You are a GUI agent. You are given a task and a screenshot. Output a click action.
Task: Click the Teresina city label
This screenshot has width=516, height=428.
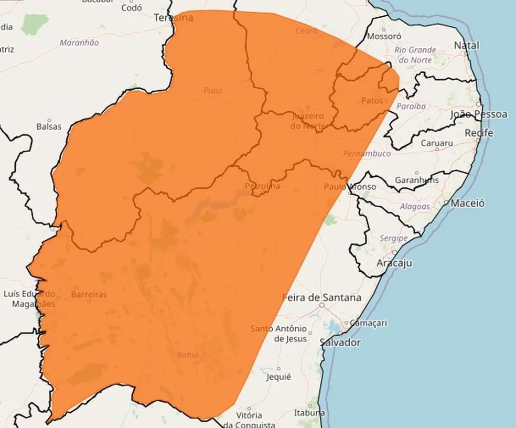(x=173, y=18)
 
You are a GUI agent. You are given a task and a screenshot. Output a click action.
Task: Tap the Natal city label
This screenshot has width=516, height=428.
(x=466, y=46)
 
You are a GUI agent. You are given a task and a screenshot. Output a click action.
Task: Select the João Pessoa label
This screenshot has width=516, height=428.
(x=479, y=114)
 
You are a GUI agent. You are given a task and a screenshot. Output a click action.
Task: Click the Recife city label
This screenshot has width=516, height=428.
(x=479, y=133)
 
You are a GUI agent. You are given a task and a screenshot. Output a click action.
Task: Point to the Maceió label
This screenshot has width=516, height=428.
(x=468, y=203)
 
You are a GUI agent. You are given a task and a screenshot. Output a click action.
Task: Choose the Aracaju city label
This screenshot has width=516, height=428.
(x=394, y=263)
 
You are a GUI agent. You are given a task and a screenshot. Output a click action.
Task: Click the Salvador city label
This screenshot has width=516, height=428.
(x=340, y=342)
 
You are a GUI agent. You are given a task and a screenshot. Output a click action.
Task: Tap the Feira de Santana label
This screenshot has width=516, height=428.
(x=322, y=297)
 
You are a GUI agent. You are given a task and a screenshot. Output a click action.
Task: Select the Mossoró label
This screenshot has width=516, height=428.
(x=384, y=36)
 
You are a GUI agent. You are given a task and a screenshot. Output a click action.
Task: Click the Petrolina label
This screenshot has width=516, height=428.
(x=262, y=186)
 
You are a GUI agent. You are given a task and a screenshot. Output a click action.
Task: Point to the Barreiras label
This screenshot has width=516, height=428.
(x=89, y=294)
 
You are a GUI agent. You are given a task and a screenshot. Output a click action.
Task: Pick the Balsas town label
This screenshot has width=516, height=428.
(x=49, y=126)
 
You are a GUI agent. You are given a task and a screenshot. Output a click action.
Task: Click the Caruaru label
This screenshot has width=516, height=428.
(x=436, y=143)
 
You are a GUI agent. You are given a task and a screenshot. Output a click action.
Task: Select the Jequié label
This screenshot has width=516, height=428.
(x=278, y=377)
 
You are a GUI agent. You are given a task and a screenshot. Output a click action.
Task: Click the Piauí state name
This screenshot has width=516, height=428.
(x=213, y=91)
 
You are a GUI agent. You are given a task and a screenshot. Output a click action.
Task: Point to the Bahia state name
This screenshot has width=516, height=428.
(x=187, y=355)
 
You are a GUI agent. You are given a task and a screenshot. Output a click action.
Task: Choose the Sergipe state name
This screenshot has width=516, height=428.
(x=393, y=238)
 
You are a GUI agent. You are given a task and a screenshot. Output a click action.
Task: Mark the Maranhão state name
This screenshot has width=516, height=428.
(x=79, y=42)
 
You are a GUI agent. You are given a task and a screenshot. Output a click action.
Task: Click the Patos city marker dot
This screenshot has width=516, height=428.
(x=386, y=101)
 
